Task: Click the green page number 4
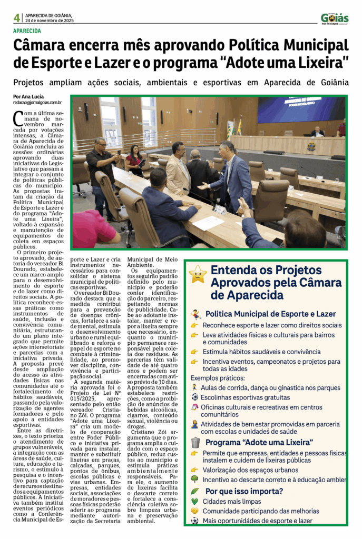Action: (17, 18)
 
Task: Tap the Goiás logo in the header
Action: (335, 18)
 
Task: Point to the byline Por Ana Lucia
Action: (28, 97)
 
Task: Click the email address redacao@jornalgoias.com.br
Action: (38, 103)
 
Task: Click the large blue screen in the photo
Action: (301, 109)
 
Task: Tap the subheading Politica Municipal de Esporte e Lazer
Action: (270, 314)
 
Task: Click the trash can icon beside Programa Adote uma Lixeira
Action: (195, 442)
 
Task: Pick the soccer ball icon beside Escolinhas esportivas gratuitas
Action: (195, 412)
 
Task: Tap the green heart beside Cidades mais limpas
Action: (195, 502)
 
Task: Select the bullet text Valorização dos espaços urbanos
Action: (250, 470)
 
